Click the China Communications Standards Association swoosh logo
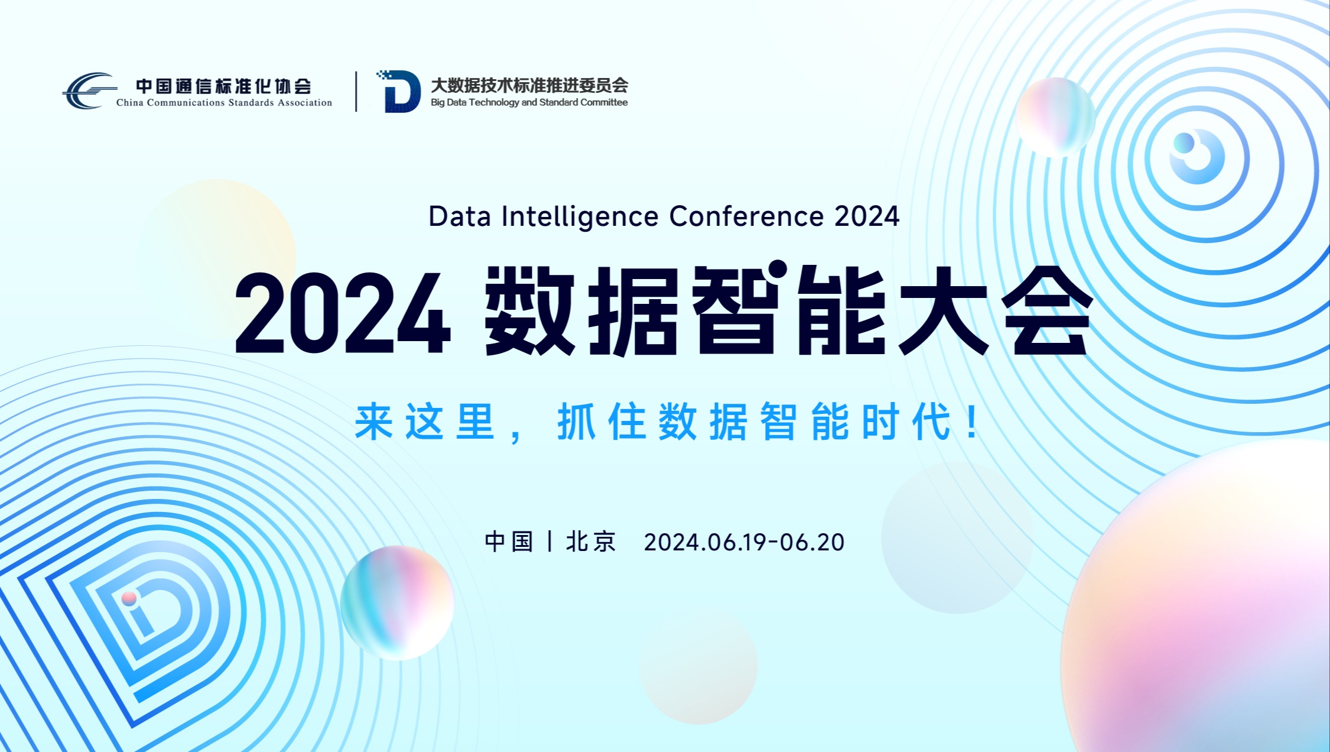click(89, 91)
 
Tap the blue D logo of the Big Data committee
click(399, 91)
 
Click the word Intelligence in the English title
click(580, 217)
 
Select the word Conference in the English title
click(746, 216)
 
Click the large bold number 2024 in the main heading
click(343, 313)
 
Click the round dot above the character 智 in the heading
click(778, 269)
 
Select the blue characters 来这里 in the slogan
click(424, 422)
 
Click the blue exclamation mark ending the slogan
click(972, 421)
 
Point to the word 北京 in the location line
click(591, 542)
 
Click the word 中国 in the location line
click(509, 542)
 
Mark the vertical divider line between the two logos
click(356, 92)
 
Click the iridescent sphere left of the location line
click(397, 602)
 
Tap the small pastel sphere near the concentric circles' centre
click(1055, 116)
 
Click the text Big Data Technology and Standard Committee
click(529, 102)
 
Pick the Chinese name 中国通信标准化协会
click(223, 86)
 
